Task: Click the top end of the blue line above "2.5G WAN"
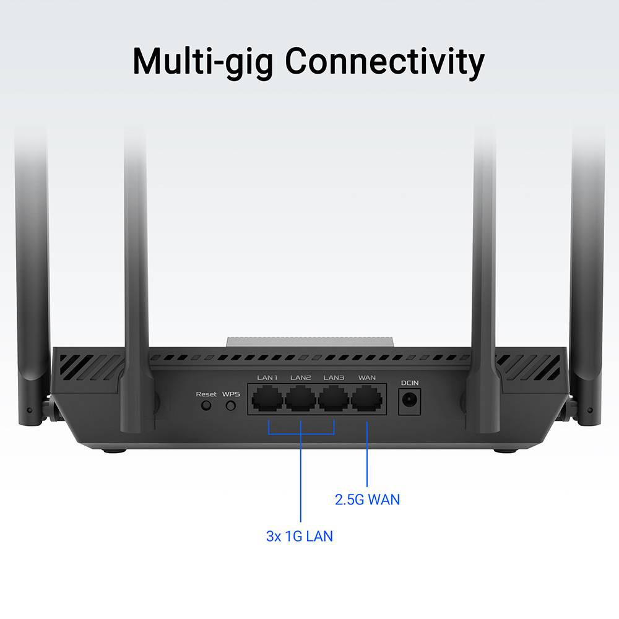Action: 367,422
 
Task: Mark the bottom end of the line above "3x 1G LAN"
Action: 301,522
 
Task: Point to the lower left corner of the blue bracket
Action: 269,434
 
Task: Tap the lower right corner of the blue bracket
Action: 334,434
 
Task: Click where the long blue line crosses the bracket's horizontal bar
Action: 301,434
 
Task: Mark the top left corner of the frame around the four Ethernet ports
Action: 248,383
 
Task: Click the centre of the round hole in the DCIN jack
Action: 409,400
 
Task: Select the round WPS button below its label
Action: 231,405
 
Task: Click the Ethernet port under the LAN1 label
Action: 267,399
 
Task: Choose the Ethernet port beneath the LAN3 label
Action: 334,399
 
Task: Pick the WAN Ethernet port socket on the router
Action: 366,399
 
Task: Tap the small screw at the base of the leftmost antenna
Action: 29,410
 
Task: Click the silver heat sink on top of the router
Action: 310,342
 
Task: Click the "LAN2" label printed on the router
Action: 300,378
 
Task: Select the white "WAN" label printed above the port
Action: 366,378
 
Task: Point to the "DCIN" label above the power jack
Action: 410,383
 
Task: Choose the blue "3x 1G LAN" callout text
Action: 300,536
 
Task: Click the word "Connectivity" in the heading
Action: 384,62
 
